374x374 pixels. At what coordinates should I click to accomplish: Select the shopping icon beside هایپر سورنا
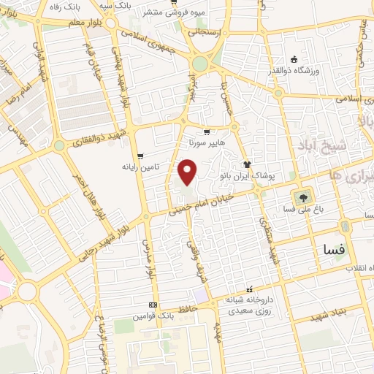click(x=207, y=132)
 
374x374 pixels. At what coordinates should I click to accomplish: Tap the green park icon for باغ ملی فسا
click(x=300, y=197)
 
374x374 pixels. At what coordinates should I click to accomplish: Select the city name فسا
click(x=333, y=250)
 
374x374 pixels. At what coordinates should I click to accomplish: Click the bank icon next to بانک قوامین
click(x=153, y=305)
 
